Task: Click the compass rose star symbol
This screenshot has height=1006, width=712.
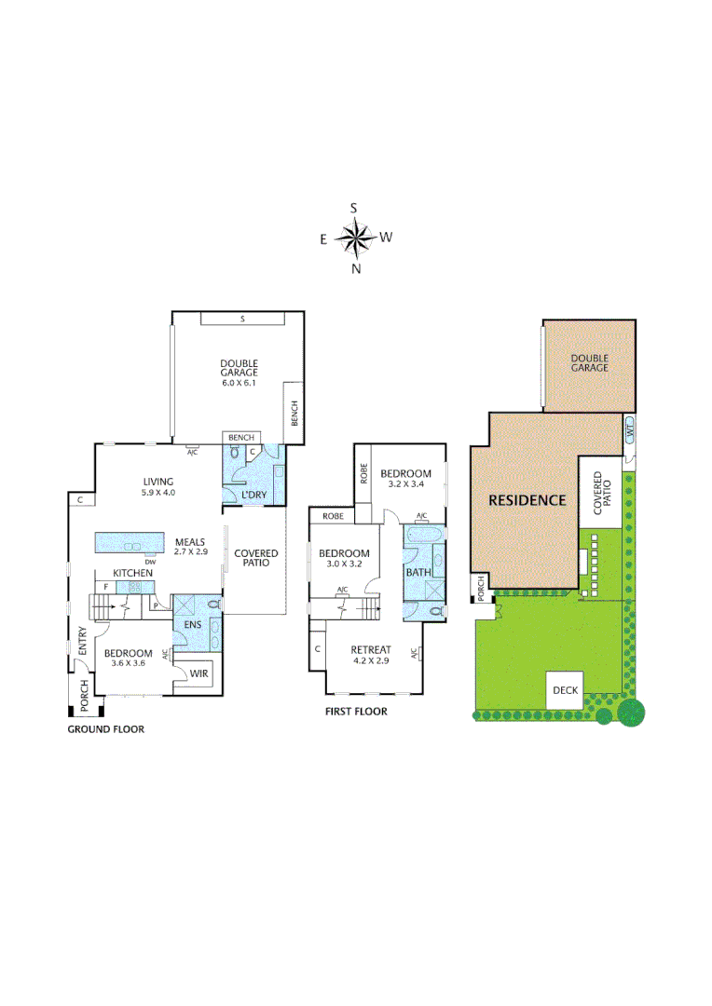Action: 354,238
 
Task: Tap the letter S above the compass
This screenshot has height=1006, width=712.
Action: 354,209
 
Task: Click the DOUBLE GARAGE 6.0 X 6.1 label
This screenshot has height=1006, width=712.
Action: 239,373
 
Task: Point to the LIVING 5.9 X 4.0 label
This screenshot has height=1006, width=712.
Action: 157,486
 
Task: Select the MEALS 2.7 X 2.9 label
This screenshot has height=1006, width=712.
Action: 189,546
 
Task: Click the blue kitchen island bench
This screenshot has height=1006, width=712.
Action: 130,543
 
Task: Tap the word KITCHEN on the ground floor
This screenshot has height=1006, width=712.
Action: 133,572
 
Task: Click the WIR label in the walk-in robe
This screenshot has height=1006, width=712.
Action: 199,673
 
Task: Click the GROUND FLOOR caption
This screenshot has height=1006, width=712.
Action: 105,729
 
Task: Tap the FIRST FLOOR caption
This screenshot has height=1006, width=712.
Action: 356,712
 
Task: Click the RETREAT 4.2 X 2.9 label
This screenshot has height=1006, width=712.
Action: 370,654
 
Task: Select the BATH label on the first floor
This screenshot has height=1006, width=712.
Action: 417,571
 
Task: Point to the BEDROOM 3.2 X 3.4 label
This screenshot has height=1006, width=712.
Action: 405,479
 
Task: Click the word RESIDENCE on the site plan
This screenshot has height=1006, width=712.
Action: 527,500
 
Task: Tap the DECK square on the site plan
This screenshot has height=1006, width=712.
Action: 565,690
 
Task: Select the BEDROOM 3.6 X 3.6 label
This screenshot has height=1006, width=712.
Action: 129,658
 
